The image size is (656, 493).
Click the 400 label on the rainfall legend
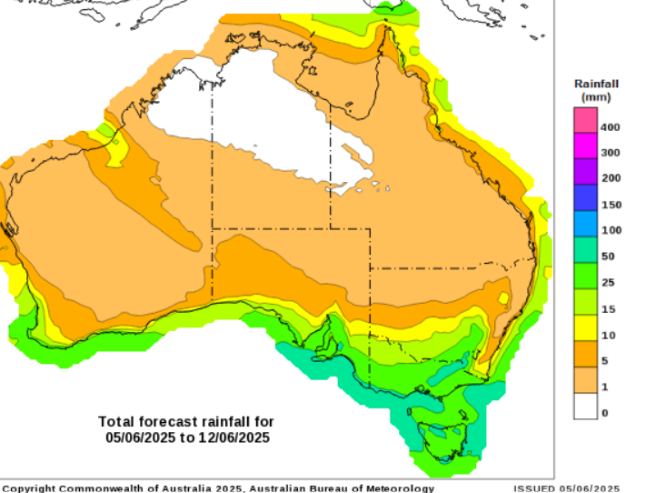pyautogui.click(x=611, y=126)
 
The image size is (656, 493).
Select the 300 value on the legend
pyautogui.click(x=611, y=152)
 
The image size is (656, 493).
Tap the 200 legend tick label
pyautogui.click(x=611, y=177)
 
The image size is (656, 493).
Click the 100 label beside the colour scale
pyautogui.click(x=611, y=230)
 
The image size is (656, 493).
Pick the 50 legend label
pyautogui.click(x=608, y=257)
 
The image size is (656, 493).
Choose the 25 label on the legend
pyautogui.click(x=608, y=282)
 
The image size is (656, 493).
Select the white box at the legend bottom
pyautogui.click(x=584, y=406)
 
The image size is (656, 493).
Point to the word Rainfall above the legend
pyautogui.click(x=596, y=84)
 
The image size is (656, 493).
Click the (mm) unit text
pyautogui.click(x=596, y=96)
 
